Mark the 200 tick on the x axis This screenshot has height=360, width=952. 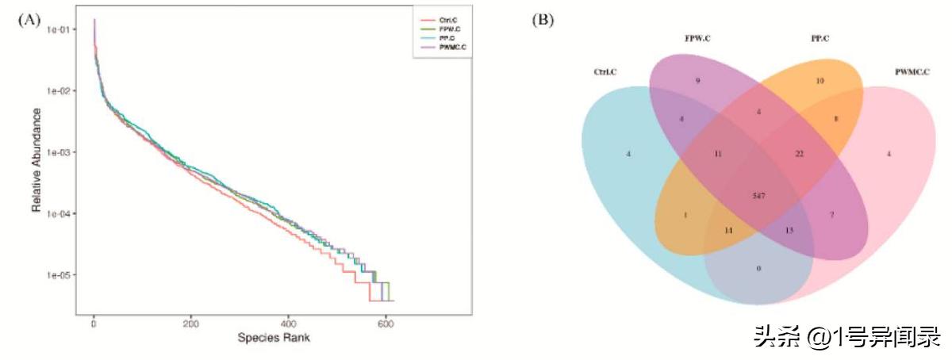(191, 324)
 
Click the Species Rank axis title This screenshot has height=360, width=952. (274, 337)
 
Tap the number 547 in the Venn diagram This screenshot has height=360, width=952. (759, 194)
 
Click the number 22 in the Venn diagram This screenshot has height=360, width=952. (800, 153)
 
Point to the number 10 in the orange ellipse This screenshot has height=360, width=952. (820, 82)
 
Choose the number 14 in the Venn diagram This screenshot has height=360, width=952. (728, 230)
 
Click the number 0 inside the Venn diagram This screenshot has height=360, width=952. (758, 269)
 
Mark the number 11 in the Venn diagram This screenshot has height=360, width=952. (718, 153)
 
